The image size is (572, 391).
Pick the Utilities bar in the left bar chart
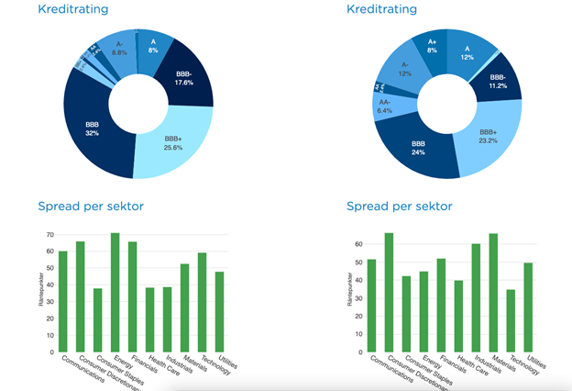(x=220, y=311)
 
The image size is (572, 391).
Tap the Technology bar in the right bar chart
(x=510, y=320)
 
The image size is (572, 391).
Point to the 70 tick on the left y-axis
(x=49, y=235)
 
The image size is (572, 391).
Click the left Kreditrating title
(x=72, y=9)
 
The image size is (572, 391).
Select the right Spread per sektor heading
(x=399, y=206)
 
